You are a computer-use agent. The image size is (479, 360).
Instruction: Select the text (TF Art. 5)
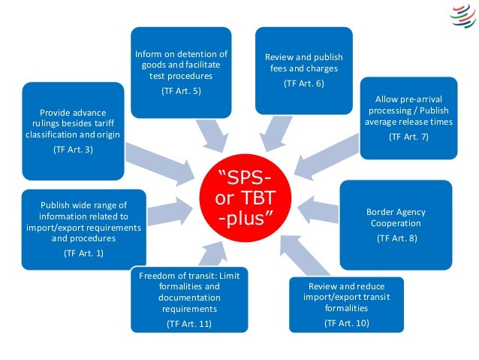click(181, 91)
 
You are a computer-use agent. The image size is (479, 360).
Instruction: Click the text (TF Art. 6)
click(303, 83)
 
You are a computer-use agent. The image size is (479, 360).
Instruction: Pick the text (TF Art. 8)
click(396, 238)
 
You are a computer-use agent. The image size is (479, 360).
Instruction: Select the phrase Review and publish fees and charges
click(303, 62)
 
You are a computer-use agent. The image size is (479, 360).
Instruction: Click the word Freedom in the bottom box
click(157, 276)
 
